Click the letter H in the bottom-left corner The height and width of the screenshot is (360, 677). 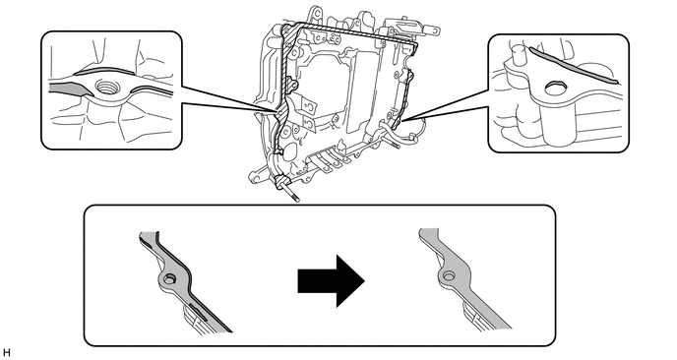(6, 353)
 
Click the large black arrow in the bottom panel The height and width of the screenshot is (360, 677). (332, 281)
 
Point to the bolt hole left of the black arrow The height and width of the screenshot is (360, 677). (169, 279)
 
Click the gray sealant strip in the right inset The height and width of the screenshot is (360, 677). (574, 65)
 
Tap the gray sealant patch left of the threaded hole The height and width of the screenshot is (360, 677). (70, 89)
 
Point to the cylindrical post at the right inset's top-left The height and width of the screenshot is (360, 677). (519, 53)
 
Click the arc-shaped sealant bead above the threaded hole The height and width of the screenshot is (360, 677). (101, 70)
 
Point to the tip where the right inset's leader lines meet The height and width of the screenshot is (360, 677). (402, 120)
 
